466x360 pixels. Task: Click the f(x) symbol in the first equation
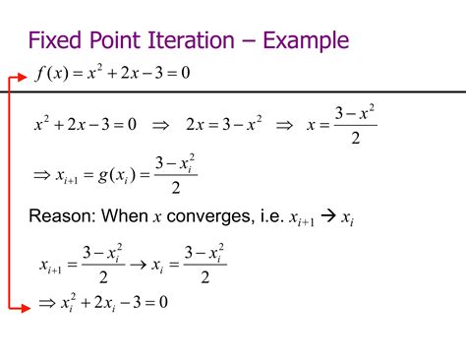pos(49,72)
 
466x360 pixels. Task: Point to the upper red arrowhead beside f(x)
pos(21,73)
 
